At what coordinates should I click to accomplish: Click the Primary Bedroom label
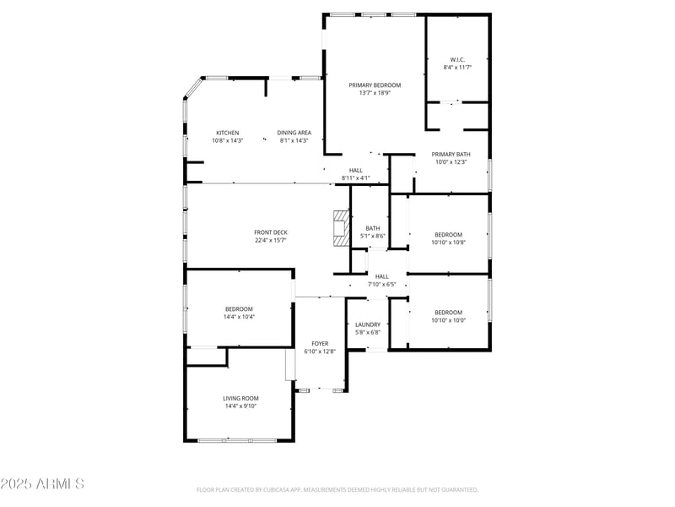click(375, 85)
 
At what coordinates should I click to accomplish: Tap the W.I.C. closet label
click(456, 59)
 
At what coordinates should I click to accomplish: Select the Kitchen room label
click(227, 133)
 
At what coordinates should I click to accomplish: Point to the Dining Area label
click(294, 133)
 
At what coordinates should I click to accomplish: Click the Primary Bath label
click(451, 154)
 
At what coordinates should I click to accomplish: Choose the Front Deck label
click(271, 232)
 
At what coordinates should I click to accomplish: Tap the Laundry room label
click(367, 324)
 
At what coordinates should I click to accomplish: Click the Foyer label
click(320, 343)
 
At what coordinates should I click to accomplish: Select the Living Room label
click(240, 398)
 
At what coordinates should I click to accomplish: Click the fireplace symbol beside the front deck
click(341, 228)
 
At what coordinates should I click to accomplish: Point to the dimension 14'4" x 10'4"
click(240, 317)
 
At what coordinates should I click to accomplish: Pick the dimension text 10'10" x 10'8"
click(448, 243)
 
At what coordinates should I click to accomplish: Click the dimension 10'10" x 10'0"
click(448, 320)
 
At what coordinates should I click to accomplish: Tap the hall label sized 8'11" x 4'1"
click(355, 178)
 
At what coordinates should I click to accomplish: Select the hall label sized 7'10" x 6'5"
click(381, 285)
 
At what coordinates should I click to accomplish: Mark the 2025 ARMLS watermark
click(42, 484)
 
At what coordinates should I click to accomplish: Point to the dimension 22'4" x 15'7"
click(271, 241)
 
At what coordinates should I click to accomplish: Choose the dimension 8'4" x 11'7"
click(456, 68)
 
